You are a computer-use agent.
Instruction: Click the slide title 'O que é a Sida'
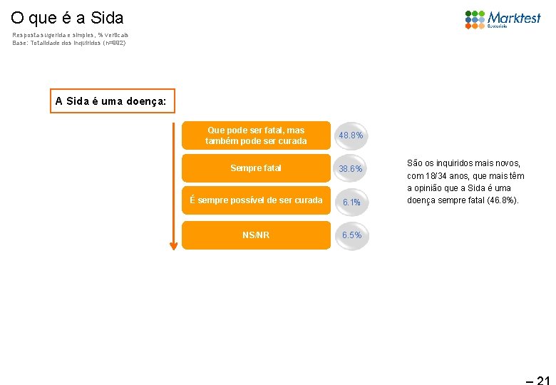(x=67, y=17)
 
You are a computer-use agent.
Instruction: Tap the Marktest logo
(x=503, y=19)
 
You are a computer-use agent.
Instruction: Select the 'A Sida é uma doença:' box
(x=110, y=101)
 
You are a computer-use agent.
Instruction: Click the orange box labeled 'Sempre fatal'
(x=256, y=168)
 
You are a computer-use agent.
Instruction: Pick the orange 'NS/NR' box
(x=256, y=235)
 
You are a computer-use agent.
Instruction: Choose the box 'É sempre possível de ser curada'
(x=256, y=200)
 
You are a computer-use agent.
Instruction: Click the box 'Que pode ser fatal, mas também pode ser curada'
(x=256, y=135)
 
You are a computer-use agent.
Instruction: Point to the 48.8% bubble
(x=351, y=135)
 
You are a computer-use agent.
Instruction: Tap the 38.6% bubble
(x=351, y=169)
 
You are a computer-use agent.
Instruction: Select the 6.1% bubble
(x=351, y=202)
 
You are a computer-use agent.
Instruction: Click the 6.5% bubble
(x=351, y=235)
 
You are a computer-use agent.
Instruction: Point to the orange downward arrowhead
(x=173, y=245)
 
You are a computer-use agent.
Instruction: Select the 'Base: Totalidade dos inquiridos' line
(x=68, y=43)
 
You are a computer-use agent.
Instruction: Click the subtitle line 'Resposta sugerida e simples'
(x=70, y=34)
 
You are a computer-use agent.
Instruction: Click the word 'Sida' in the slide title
(x=108, y=17)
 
